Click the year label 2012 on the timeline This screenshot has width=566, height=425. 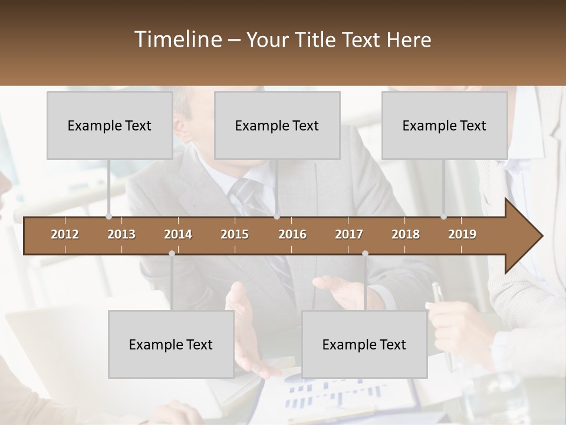tap(65, 234)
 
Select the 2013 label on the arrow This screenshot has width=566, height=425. tap(121, 234)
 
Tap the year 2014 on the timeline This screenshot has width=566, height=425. tap(178, 234)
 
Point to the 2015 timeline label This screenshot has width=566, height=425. tap(235, 234)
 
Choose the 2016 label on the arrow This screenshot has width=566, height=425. tap(292, 234)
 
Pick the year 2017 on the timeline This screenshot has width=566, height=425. tap(349, 234)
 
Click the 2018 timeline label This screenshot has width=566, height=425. tap(406, 234)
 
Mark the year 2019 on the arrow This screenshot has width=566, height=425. tap(462, 234)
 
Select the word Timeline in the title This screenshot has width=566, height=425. tap(177, 40)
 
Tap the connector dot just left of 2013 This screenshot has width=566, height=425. tap(108, 217)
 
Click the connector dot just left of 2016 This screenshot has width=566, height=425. tap(277, 217)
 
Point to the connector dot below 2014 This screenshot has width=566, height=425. tap(172, 254)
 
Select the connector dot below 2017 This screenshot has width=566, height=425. tap(365, 254)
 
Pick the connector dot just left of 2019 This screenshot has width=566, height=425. tap(444, 217)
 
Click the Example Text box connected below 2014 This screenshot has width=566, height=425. tap(171, 344)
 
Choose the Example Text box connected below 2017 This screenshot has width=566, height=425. tap(364, 344)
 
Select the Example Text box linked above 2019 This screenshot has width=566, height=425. tap(445, 125)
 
